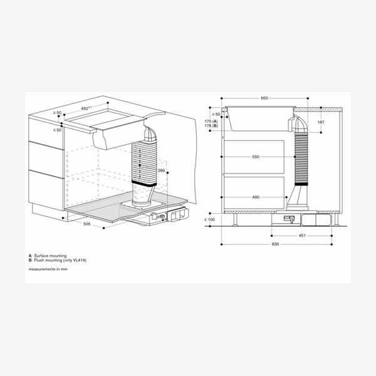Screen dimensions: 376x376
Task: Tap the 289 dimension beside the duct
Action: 161,171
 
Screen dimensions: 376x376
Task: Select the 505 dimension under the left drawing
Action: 87,222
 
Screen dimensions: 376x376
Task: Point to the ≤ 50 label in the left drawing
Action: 58,130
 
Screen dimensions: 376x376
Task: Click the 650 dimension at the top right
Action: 264,98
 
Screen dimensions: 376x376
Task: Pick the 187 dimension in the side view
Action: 321,122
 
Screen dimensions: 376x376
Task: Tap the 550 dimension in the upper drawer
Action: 256,157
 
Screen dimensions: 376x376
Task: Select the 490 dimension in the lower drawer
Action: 256,197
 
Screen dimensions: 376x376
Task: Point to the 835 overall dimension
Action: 274,244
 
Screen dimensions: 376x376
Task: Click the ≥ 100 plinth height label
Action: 210,219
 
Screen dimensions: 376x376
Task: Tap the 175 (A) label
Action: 211,121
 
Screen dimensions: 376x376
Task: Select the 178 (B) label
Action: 211,126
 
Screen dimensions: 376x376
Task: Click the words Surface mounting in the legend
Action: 50,256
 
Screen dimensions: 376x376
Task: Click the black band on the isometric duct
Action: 147,185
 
